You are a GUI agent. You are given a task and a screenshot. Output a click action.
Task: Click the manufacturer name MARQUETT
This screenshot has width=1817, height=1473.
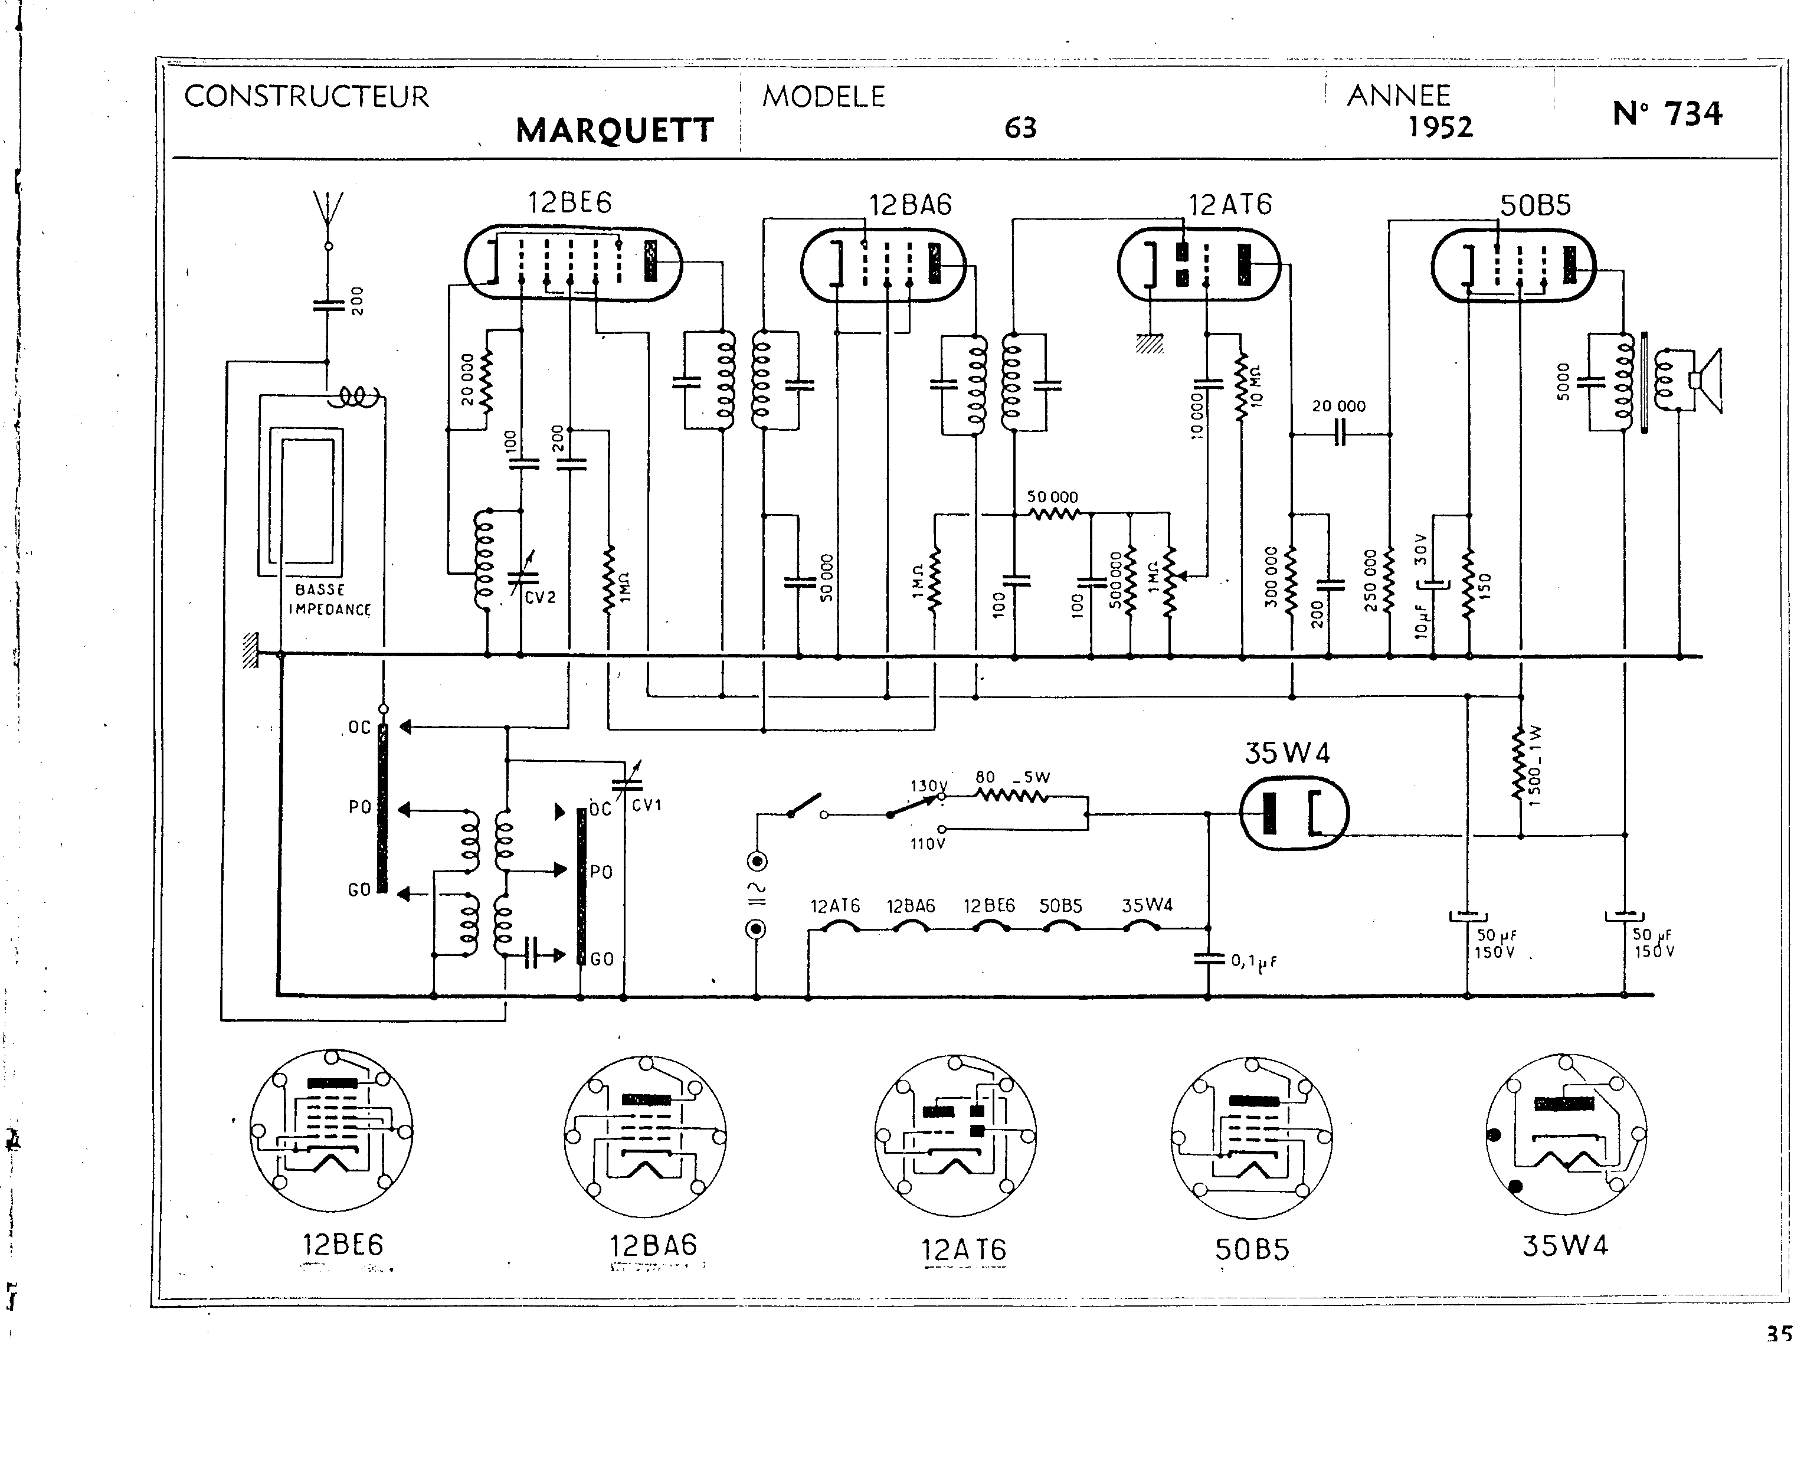(x=614, y=130)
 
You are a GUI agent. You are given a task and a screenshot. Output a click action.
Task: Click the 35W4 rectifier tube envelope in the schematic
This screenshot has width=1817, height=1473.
(x=1294, y=813)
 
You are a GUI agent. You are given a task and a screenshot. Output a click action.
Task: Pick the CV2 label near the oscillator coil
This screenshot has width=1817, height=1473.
(x=541, y=597)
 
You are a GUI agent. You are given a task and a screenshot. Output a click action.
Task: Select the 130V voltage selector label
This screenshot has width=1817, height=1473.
(x=927, y=785)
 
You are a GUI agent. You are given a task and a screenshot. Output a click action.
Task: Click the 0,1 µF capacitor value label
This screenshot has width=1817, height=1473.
(x=1254, y=961)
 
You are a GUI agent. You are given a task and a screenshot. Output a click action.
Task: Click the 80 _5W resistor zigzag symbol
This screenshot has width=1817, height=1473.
(x=1012, y=796)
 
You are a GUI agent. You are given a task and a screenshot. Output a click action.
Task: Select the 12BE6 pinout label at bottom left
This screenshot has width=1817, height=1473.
(x=343, y=1245)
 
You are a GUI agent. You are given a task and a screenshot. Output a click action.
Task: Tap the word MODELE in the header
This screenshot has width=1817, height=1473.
(x=823, y=97)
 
